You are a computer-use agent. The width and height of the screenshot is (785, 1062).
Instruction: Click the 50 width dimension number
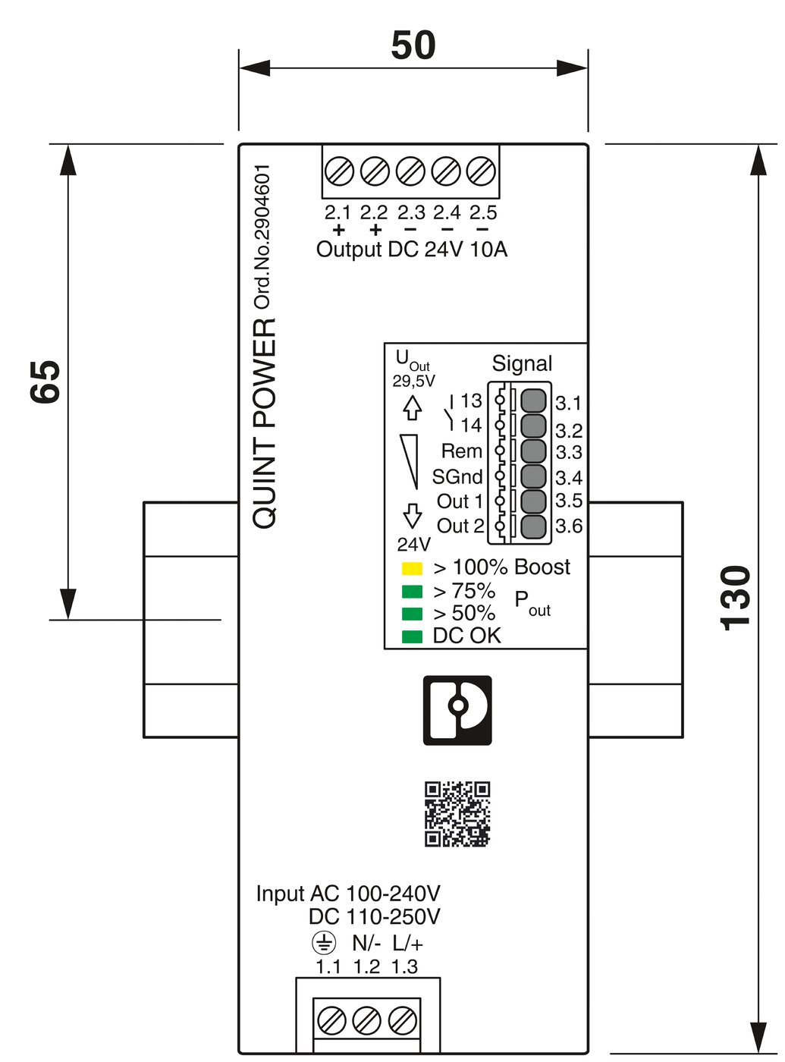[413, 46]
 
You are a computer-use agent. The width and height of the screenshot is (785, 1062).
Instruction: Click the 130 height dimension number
[736, 598]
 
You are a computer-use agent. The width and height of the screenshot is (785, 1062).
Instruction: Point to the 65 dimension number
[46, 382]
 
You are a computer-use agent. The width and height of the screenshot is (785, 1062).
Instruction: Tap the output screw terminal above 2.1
[339, 171]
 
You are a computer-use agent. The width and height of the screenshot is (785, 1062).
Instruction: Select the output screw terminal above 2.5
[482, 171]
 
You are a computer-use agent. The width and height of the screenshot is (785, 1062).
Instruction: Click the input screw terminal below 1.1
[331, 1020]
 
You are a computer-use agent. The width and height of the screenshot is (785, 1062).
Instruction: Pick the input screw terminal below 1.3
[403, 1020]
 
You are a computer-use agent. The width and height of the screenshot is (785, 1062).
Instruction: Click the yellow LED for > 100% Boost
[412, 568]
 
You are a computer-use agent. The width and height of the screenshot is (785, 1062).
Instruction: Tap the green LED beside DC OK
[412, 636]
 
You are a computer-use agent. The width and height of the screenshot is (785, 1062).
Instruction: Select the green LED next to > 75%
[412, 591]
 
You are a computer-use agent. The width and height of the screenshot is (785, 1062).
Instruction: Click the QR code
[457, 814]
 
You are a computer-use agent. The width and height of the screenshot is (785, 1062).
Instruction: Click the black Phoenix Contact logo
[457, 710]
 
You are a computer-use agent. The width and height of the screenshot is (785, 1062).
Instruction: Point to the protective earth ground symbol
[324, 944]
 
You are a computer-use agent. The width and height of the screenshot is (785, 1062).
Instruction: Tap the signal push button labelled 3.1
[534, 400]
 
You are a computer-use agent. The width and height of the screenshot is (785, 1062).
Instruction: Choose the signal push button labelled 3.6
[534, 526]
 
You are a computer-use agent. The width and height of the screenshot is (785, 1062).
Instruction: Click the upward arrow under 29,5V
[412, 408]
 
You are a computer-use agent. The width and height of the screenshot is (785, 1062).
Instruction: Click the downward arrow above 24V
[412, 516]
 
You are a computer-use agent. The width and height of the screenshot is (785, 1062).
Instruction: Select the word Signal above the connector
[522, 363]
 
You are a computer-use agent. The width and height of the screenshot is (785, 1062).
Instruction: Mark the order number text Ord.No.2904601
[262, 237]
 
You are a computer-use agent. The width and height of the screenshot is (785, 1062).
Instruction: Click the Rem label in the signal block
[461, 451]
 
